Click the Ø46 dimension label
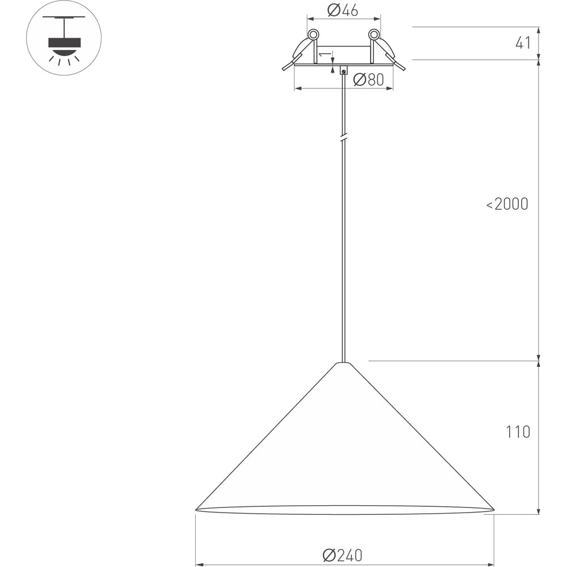point(343,10)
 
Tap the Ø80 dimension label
point(369,79)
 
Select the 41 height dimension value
point(523,43)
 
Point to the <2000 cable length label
point(507,204)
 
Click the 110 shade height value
point(518,431)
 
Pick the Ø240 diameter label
point(342,555)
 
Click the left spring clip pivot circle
point(313,35)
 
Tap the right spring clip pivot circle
point(374,35)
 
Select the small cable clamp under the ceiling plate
point(344,70)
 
